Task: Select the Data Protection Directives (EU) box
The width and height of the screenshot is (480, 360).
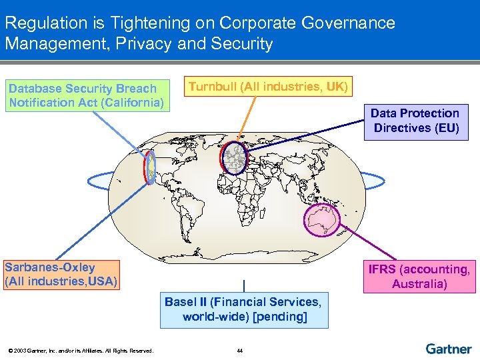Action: point(416,121)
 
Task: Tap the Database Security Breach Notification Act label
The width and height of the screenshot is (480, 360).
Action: point(86,95)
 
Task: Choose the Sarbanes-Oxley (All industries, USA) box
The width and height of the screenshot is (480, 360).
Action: point(61,275)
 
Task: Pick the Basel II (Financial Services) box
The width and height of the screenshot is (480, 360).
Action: point(244,309)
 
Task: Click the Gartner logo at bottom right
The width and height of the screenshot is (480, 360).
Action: point(448,349)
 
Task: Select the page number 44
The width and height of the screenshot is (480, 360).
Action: point(240,351)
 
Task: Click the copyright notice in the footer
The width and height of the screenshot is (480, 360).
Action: point(79,351)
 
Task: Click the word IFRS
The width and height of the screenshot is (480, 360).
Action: point(382,269)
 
